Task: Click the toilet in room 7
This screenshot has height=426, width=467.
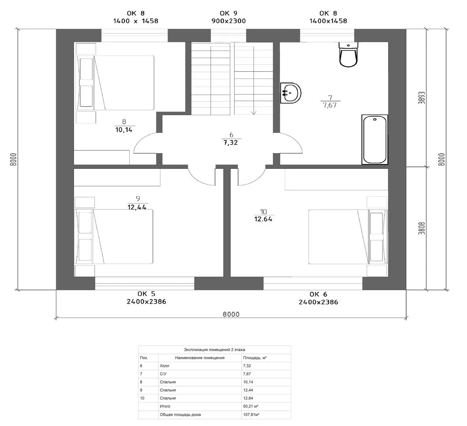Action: [348, 54]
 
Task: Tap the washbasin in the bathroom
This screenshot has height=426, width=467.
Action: [291, 93]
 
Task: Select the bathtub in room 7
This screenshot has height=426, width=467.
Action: [375, 139]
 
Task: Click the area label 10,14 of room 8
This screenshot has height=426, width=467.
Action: [124, 130]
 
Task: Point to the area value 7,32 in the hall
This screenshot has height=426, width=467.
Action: [231, 143]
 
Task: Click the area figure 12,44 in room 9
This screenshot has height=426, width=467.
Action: [137, 207]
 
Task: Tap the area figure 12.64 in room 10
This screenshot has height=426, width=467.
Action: [263, 219]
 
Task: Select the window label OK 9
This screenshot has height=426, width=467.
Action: [228, 13]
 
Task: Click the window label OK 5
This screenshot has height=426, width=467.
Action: [146, 294]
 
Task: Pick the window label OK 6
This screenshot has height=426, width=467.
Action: [318, 294]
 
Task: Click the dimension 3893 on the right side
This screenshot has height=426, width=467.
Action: [422, 97]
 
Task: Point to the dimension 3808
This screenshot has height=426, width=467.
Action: [422, 228]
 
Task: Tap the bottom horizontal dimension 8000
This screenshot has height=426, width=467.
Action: [231, 314]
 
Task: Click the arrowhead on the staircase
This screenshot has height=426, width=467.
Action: [254, 113]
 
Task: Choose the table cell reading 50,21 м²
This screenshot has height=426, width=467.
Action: [250, 406]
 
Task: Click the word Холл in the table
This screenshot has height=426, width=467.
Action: [164, 366]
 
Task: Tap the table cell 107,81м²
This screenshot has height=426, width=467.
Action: [251, 415]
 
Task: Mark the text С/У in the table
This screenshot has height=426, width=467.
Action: [163, 374]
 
